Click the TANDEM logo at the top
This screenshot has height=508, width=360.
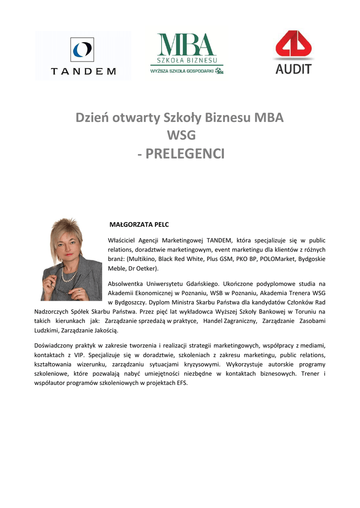click(x=83, y=56)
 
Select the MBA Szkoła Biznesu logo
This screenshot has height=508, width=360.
click(x=187, y=54)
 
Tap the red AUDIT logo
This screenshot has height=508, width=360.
click(x=293, y=53)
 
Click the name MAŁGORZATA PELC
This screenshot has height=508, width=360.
click(x=139, y=225)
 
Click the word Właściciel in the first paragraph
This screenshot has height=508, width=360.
click(x=121, y=241)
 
